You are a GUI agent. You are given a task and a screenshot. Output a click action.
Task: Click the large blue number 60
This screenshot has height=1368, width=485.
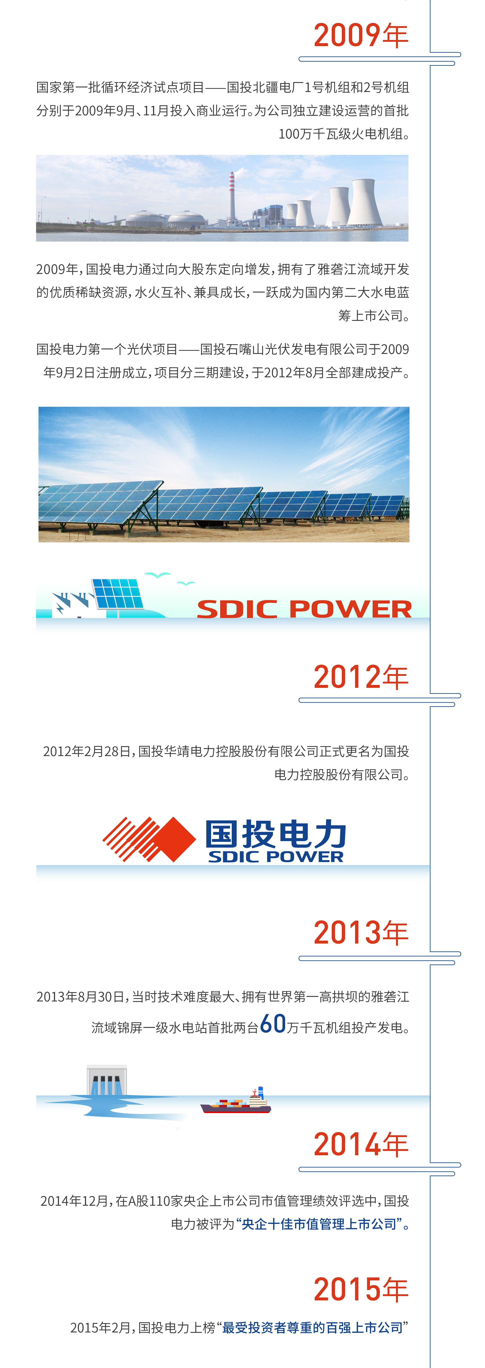click(273, 1023)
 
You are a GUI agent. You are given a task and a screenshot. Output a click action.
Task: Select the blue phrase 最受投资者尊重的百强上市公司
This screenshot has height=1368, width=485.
click(312, 1328)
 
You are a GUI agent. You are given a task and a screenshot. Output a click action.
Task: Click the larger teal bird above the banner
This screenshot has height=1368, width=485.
click(158, 575)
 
